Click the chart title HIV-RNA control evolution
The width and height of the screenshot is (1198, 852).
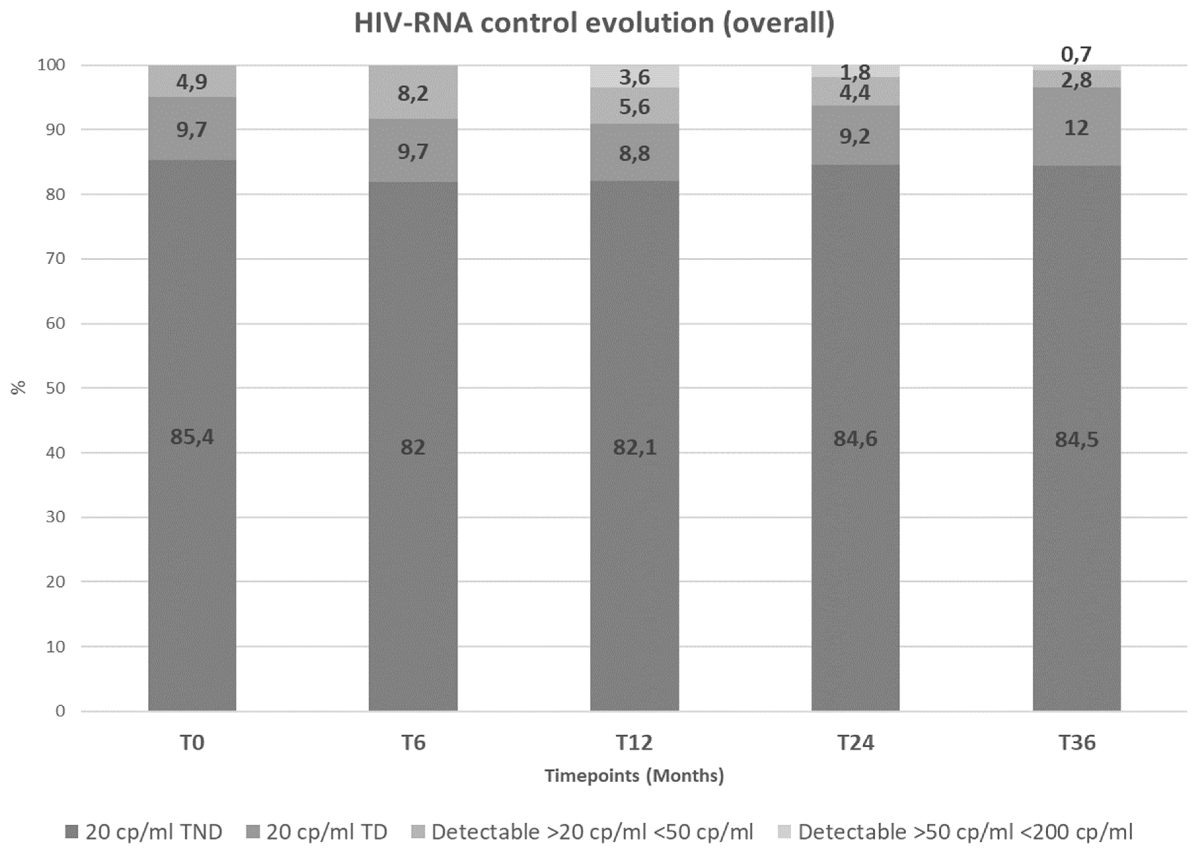point(594,23)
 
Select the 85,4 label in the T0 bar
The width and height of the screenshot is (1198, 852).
point(192,436)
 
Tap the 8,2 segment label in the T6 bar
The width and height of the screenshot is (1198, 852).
point(413,94)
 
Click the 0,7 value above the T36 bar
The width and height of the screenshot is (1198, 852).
point(1076,54)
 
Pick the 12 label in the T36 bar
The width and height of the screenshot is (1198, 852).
point(1076,128)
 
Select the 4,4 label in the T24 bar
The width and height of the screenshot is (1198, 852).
point(855,93)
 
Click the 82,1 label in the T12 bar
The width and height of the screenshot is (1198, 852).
point(634,448)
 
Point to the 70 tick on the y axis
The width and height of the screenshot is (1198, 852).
point(55,259)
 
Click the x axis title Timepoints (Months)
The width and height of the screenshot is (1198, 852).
point(634,775)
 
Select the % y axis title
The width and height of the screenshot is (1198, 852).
point(19,388)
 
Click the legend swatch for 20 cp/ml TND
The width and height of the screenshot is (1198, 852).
point(72,832)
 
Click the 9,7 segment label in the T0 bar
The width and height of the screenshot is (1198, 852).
point(192,130)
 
